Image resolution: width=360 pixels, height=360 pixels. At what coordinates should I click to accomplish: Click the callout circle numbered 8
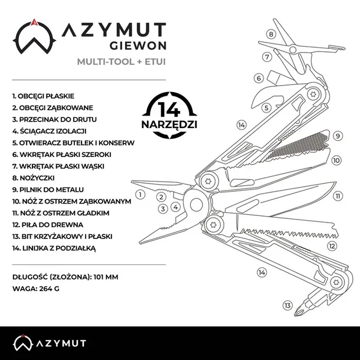pyautogui.click(x=271, y=34)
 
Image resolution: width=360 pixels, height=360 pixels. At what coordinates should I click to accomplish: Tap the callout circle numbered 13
pyautogui.click(x=287, y=305)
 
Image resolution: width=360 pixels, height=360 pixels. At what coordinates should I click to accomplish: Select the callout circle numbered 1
pyautogui.click(x=140, y=194)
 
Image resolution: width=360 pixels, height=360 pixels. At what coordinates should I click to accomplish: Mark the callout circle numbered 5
pyautogui.click(x=267, y=107)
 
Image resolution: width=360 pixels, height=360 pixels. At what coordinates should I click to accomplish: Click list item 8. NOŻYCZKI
pyautogui.click(x=35, y=177)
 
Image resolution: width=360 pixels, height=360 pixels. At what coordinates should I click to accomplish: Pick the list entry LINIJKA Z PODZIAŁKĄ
pyautogui.click(x=53, y=248)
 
